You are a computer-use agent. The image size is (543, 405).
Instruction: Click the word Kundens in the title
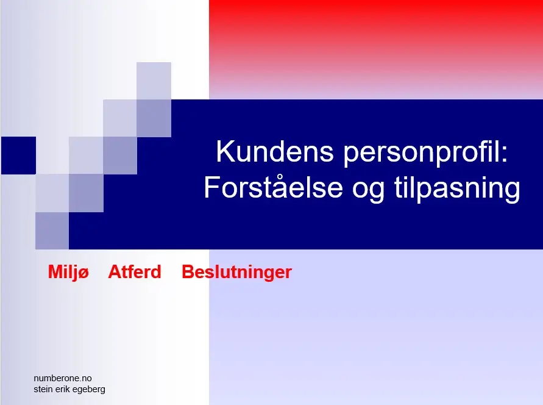275,151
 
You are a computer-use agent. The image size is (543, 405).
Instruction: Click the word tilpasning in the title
457,188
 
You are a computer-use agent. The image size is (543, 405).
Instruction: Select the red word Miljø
69,272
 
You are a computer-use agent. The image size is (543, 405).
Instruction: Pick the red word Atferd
135,271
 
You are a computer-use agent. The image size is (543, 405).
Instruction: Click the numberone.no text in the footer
63,378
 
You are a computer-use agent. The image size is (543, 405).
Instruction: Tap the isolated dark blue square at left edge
19,155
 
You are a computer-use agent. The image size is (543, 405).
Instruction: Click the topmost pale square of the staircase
154,81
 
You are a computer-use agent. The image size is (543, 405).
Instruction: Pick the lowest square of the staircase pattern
52,231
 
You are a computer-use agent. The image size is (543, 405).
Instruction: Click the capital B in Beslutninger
188,272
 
